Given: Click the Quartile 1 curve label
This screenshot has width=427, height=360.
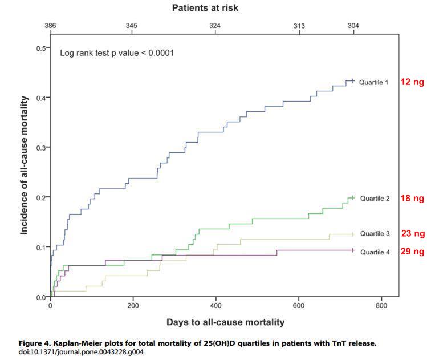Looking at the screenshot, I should tap(373, 82).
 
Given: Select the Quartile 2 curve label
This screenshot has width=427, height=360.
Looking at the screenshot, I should tap(373, 199).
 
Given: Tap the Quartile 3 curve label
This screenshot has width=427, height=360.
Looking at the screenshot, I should tap(373, 234).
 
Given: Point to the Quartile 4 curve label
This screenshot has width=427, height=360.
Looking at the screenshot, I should tap(373, 252).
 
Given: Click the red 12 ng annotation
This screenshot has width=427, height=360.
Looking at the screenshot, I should tap(412, 82).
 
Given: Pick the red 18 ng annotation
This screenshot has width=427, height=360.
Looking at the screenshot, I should tap(412, 199).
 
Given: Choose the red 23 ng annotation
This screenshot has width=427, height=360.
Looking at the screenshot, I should tap(412, 233).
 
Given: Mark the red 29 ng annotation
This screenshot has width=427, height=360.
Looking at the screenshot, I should tap(412, 251).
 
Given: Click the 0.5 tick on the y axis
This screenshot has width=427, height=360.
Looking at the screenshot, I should tap(40, 47).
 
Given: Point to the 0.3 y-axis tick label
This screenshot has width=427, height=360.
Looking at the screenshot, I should tap(40, 147).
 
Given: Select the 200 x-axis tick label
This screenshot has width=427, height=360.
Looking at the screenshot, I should tap(133, 306).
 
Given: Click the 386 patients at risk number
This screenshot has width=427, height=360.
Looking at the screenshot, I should tap(50, 26).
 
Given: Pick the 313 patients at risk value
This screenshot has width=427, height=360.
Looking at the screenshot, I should tap(299, 26).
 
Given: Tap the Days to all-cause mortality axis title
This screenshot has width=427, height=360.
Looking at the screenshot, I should tap(225, 322).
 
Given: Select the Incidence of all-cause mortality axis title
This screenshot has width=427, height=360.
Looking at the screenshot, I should tap(25, 172).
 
